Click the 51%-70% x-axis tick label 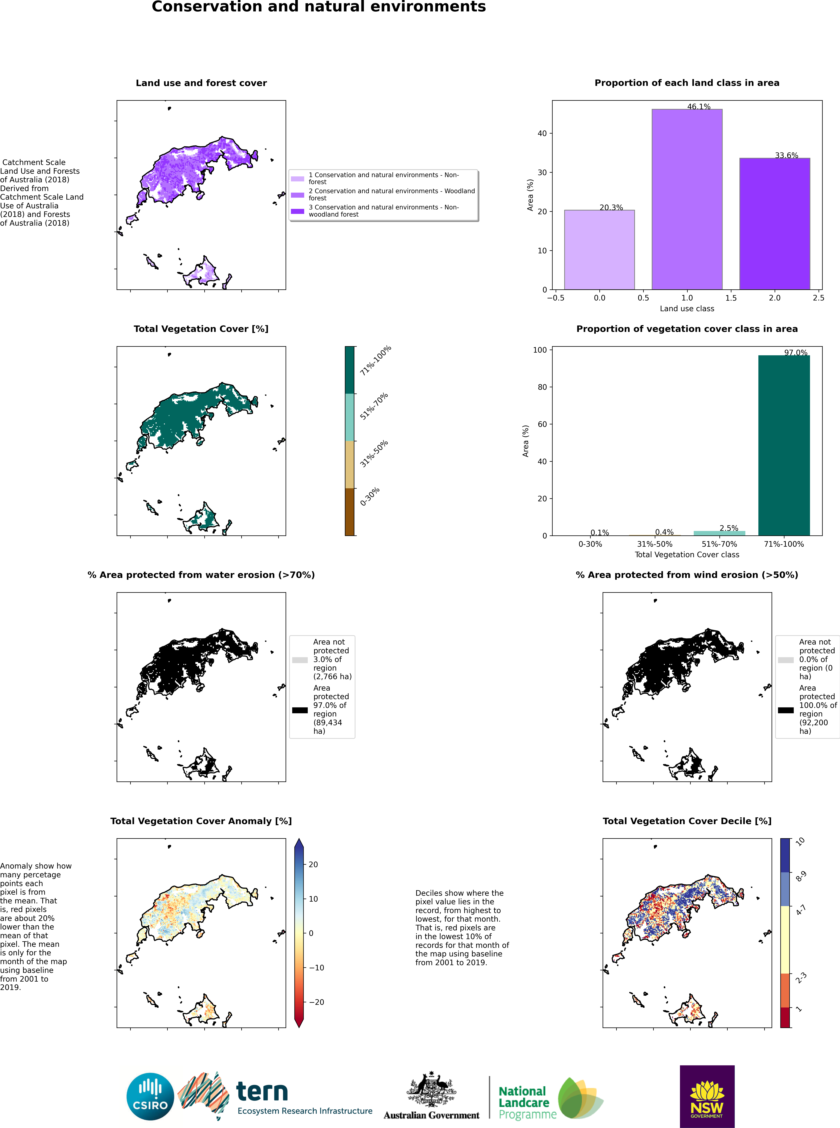click(x=719, y=544)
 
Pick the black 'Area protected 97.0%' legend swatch click(x=300, y=710)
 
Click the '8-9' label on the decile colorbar click(x=801, y=876)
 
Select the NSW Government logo click(x=707, y=1096)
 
